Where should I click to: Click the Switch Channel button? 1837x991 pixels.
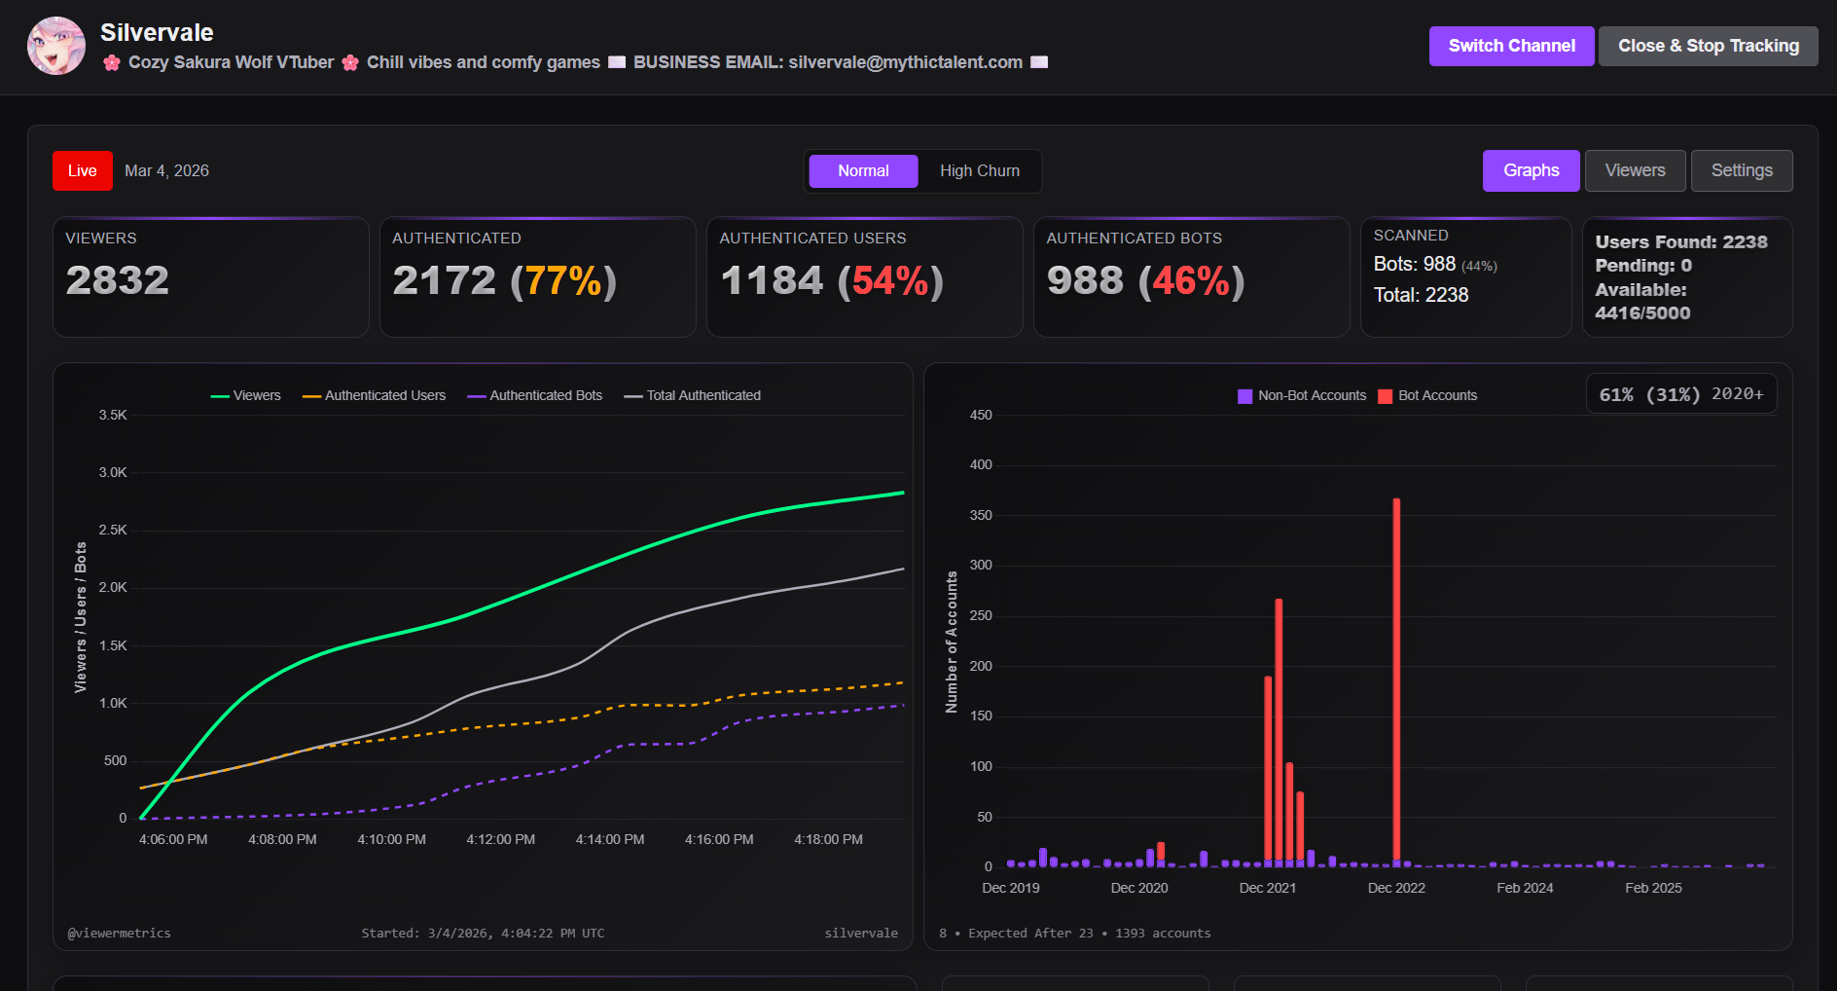pos(1511,46)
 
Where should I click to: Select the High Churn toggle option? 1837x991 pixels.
pos(979,171)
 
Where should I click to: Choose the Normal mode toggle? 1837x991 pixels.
pos(863,171)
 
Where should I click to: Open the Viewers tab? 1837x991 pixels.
pos(1635,171)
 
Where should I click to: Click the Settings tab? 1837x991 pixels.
pos(1741,171)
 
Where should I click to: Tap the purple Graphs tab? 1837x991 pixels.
pos(1531,171)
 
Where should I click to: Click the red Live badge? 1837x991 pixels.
pos(83,171)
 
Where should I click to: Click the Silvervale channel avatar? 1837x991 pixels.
pos(56,46)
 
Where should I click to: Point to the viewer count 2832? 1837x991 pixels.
pos(118,280)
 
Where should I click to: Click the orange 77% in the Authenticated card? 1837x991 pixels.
pos(563,281)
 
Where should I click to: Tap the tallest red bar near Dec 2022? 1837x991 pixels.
pos(1396,681)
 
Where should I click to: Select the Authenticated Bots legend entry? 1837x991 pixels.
pos(535,395)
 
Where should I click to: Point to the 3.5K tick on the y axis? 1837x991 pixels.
pos(113,415)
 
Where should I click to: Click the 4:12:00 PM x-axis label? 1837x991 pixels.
pos(500,839)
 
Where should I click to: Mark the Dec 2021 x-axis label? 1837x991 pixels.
pos(1267,888)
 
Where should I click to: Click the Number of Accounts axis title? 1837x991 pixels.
pos(952,642)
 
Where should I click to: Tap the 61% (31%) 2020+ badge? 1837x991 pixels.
pos(1680,394)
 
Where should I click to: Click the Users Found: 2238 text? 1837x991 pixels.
pos(1680,242)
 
